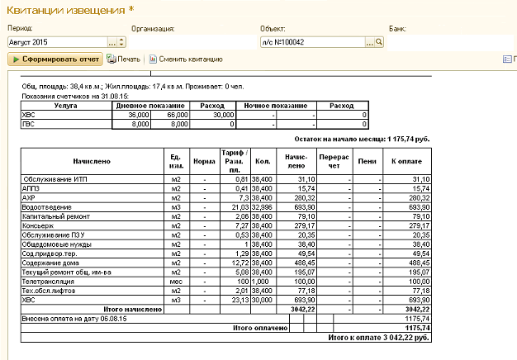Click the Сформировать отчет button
click(55, 59)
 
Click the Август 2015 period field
click(56, 41)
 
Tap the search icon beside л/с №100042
click(380, 41)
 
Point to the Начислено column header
click(91, 162)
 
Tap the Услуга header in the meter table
click(66, 106)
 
